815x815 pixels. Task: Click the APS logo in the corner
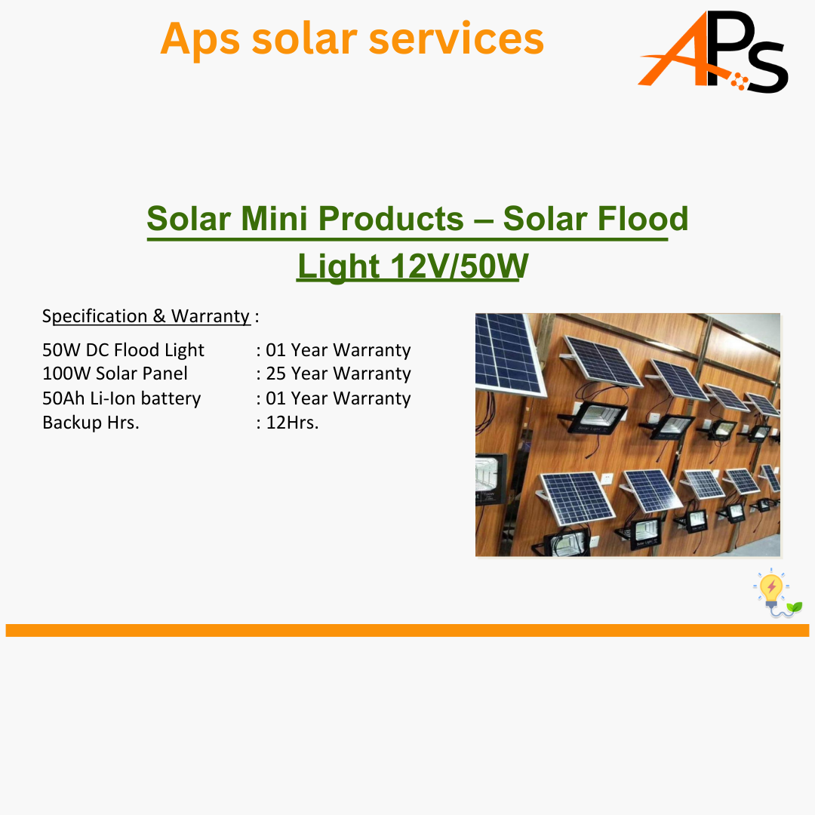pyautogui.click(x=713, y=52)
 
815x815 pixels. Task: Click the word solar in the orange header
pyautogui.click(x=305, y=39)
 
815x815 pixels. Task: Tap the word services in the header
pyautogui.click(x=457, y=39)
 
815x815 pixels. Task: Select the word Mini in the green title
pyautogui.click(x=274, y=218)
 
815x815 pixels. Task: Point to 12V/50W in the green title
pyautogui.click(x=460, y=266)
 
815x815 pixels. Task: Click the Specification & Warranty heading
pyautogui.click(x=146, y=316)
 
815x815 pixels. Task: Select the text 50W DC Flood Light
pyautogui.click(x=123, y=350)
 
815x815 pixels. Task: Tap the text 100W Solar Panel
pyautogui.click(x=115, y=374)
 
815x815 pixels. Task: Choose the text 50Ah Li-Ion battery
pyautogui.click(x=121, y=398)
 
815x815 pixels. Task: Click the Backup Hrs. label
pyautogui.click(x=91, y=423)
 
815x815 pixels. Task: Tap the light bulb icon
pyautogui.click(x=771, y=590)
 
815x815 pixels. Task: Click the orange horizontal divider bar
pyautogui.click(x=407, y=630)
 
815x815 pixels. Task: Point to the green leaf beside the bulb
pyautogui.click(x=794, y=606)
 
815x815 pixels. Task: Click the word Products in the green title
pyautogui.click(x=391, y=218)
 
